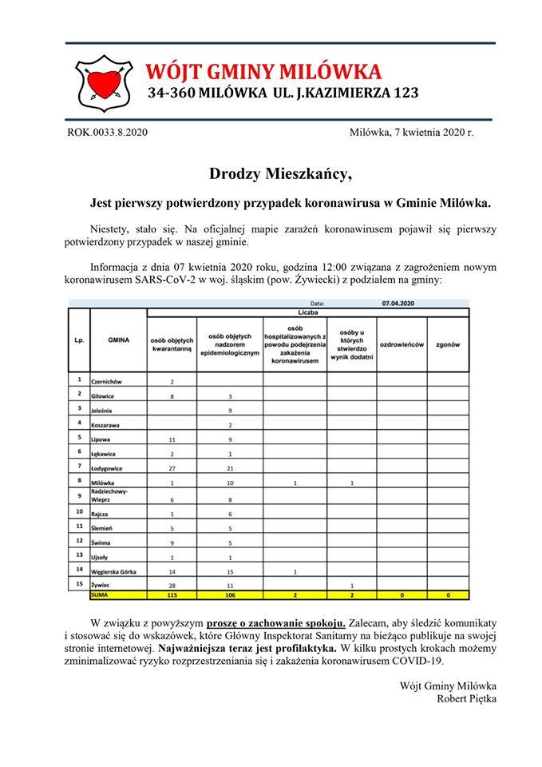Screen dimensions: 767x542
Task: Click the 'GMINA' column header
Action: [x=118, y=339]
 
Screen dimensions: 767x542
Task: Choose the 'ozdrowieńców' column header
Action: [x=402, y=344]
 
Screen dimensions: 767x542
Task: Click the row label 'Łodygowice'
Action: [x=111, y=467]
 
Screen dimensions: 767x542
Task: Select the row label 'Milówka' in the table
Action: [x=106, y=483]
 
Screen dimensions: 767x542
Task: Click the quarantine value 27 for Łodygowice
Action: [x=172, y=467]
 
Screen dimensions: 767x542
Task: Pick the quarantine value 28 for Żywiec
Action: [x=172, y=586]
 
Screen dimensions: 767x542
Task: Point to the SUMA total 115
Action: [x=172, y=595]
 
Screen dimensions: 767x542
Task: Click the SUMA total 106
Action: [x=231, y=595]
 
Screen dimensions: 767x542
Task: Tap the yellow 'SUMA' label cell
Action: [x=101, y=595]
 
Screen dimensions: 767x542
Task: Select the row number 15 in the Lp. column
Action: [x=79, y=584]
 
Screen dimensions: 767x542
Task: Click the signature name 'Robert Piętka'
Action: [x=467, y=699]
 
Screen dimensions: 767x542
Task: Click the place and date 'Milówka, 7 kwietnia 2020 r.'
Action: [x=411, y=132]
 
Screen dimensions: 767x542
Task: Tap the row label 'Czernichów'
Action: [x=112, y=381]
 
